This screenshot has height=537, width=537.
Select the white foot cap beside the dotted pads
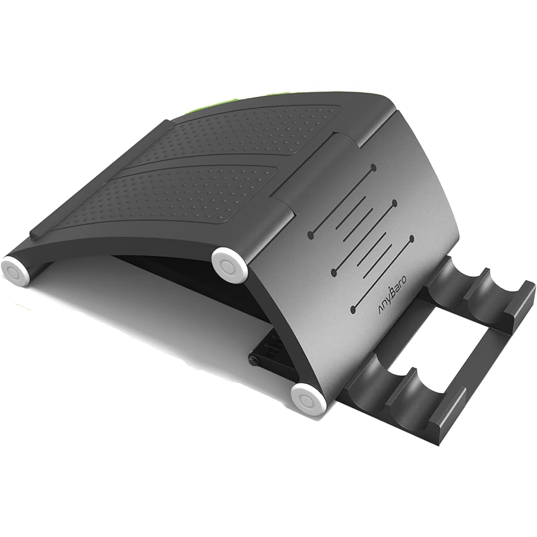click(x=229, y=262)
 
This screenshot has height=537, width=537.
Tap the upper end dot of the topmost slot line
click(x=374, y=167)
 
